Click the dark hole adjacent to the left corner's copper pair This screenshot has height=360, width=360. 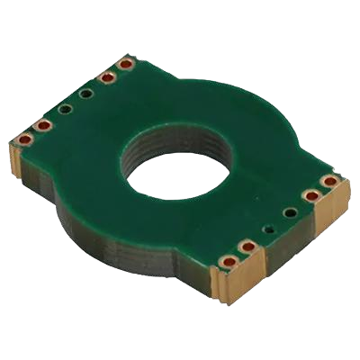coord(65,109)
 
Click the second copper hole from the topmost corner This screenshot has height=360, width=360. coord(108,78)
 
